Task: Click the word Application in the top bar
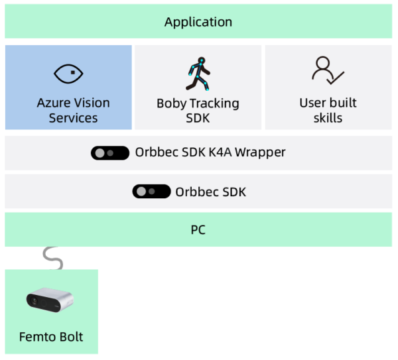pos(198,22)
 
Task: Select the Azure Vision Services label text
pos(73,110)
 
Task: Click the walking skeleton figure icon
pos(198,74)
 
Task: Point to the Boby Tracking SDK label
pos(198,110)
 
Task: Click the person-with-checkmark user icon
pos(328,70)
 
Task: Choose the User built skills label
pos(328,110)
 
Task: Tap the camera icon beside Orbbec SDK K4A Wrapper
pos(111,152)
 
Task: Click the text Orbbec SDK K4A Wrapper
pos(210,152)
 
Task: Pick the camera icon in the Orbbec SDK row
pos(152,192)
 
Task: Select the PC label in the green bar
pos(198,230)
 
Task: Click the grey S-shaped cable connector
pos(52,258)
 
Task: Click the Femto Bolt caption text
pos(52,337)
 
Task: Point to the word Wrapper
pos(260,152)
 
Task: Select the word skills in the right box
pos(328,118)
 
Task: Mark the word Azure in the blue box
pos(53,103)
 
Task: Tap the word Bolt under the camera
pos(70,337)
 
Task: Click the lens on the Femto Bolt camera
pos(33,301)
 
